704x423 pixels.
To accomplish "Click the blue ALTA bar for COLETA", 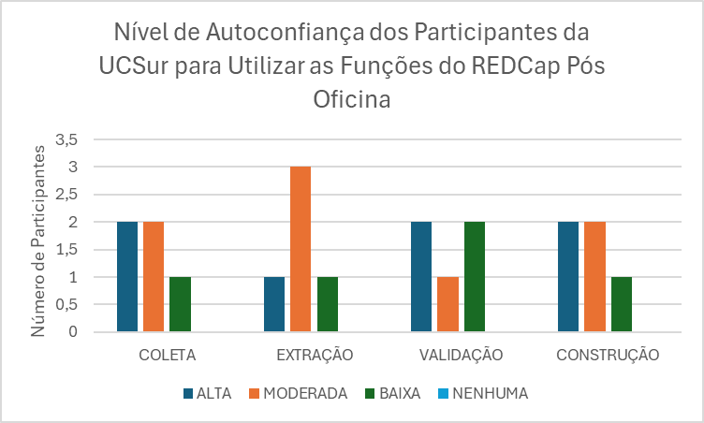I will click(127, 277).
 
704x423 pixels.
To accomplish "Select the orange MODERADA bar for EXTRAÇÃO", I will click(301, 249).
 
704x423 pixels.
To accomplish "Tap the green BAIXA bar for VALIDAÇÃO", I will click(475, 277).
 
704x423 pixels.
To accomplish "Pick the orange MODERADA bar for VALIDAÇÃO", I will click(448, 304).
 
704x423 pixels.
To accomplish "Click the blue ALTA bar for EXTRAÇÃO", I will click(274, 304).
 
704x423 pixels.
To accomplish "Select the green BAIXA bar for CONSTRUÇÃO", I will click(622, 304).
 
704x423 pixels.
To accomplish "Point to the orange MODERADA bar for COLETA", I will click(154, 277).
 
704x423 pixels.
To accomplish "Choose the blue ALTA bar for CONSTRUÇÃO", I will click(568, 277).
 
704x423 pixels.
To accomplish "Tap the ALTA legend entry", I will click(211, 394).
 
